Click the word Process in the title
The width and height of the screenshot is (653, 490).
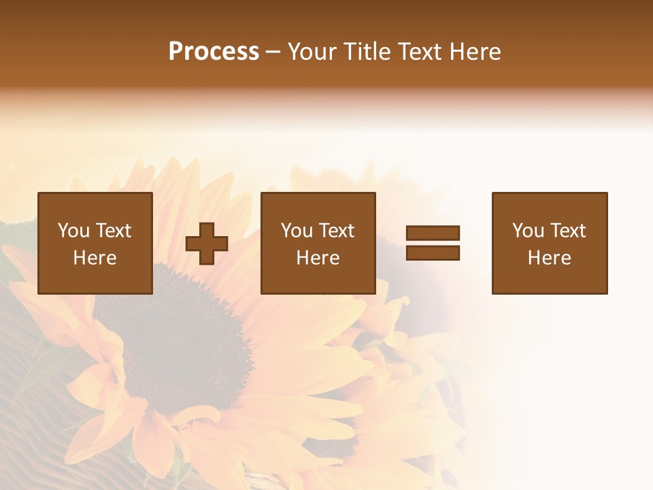pos(214,52)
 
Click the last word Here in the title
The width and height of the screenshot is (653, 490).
pos(474,52)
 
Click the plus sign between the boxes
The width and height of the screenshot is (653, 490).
pos(207,243)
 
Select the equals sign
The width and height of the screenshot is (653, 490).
pos(433,243)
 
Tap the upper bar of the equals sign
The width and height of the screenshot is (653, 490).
pos(433,233)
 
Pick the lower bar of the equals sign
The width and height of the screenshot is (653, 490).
pos(433,252)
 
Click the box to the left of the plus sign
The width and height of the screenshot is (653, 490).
pos(95,243)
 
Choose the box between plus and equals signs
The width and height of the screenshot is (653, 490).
pos(318,243)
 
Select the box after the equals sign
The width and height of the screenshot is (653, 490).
pos(549,243)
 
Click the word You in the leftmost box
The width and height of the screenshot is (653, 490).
pos(73,231)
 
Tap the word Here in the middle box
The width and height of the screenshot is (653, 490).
pos(318,258)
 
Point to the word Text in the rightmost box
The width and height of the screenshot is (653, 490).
pos(569,231)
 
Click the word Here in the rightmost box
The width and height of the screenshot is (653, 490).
pos(549,258)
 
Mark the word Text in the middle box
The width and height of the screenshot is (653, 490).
pos(337,231)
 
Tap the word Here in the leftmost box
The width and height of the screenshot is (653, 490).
pos(95,258)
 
